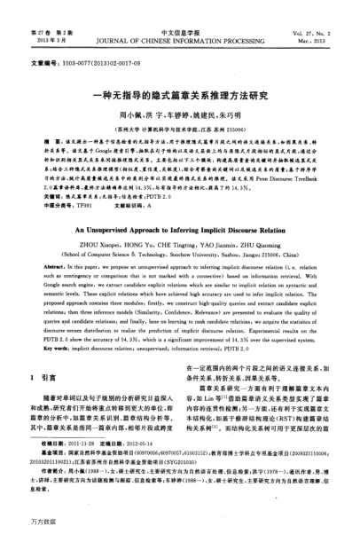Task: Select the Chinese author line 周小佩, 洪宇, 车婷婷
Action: [x=180, y=115]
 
